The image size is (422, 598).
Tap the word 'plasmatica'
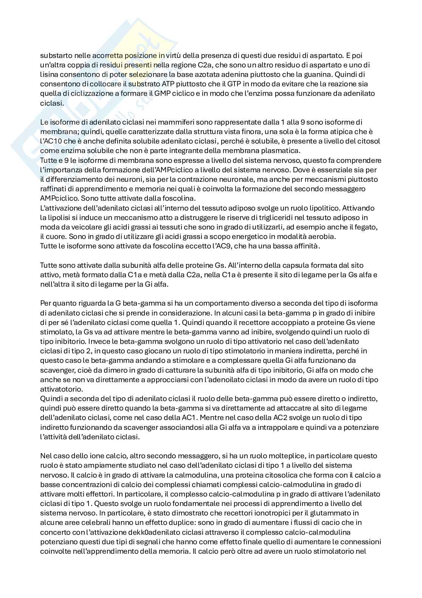click(x=284, y=150)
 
